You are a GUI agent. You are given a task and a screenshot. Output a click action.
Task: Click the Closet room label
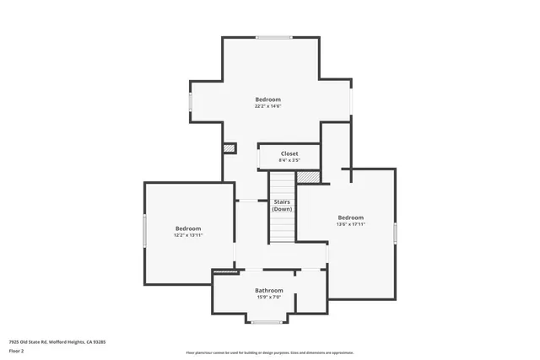(289, 153)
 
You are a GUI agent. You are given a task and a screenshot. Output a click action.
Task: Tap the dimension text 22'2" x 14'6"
(267, 106)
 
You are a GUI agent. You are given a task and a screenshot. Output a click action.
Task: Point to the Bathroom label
(269, 290)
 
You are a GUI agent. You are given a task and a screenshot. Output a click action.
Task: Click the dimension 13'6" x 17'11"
(350, 224)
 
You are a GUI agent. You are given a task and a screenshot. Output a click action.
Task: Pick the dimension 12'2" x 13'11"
(188, 235)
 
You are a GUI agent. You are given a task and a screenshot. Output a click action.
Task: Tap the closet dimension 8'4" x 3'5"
(289, 160)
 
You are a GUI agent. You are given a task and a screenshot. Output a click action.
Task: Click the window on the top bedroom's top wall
(270, 37)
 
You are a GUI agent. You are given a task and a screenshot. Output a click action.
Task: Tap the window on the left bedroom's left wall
(144, 230)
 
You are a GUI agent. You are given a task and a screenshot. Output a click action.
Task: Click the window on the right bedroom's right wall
(395, 234)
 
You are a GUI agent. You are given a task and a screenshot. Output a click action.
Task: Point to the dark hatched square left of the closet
(229, 148)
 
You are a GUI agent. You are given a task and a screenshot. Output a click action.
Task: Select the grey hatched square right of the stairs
(308, 177)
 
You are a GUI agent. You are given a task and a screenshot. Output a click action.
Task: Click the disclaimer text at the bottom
(269, 352)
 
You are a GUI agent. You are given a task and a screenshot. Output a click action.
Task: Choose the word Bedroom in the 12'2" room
(188, 228)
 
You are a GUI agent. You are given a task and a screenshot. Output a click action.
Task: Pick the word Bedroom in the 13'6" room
(350, 218)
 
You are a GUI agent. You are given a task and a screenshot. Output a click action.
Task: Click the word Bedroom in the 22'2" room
(267, 99)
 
